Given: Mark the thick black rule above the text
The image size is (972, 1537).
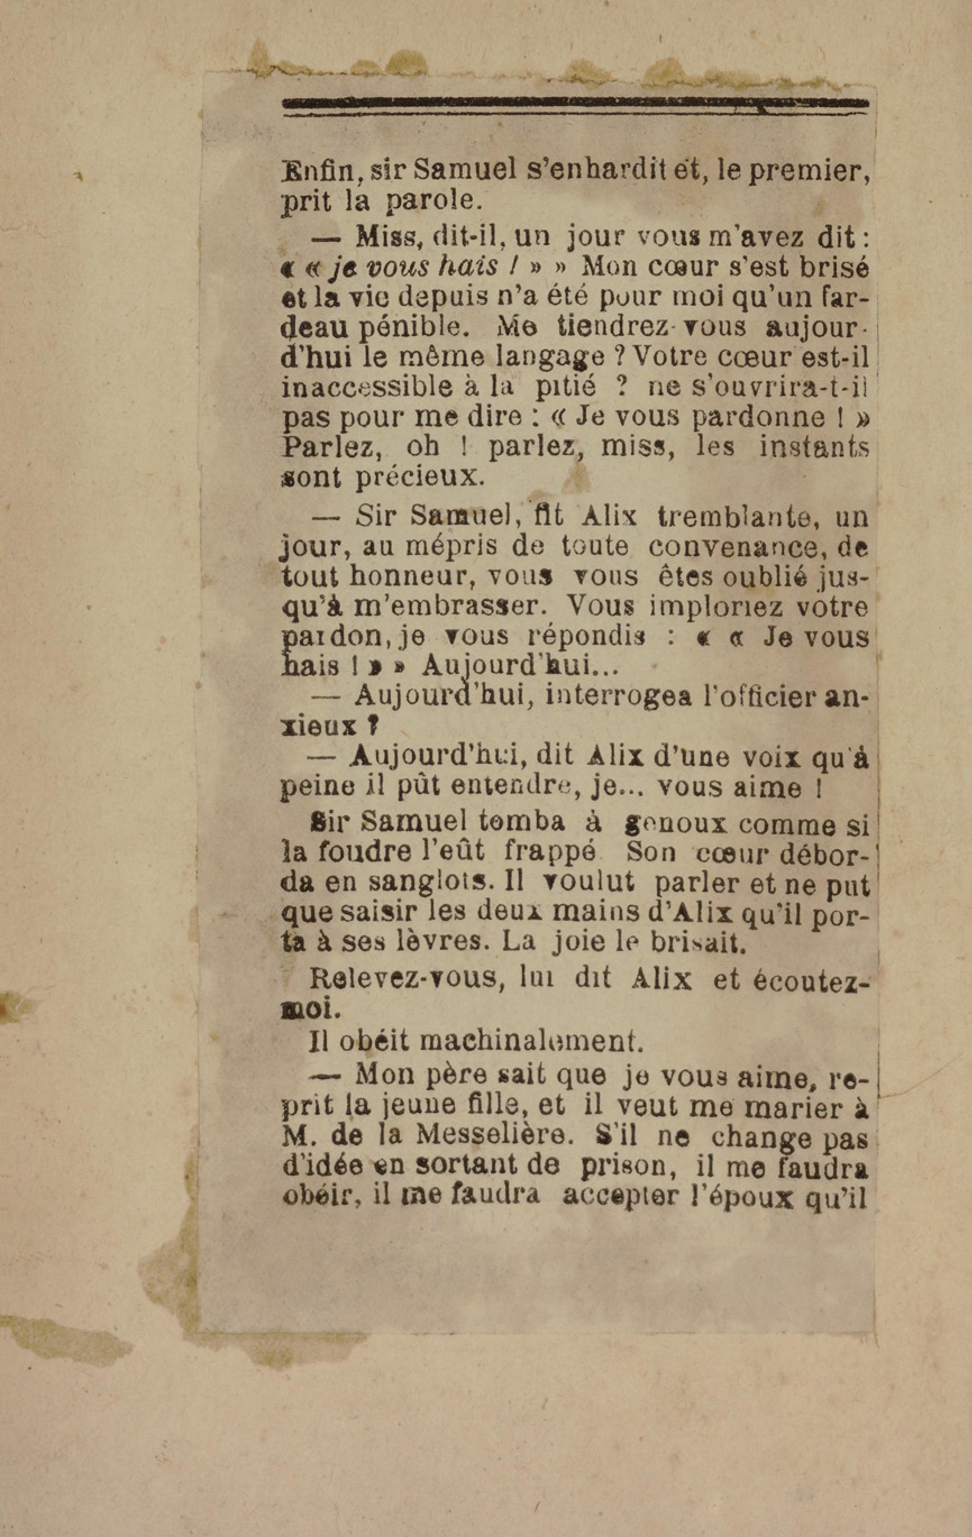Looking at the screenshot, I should coord(575,103).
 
